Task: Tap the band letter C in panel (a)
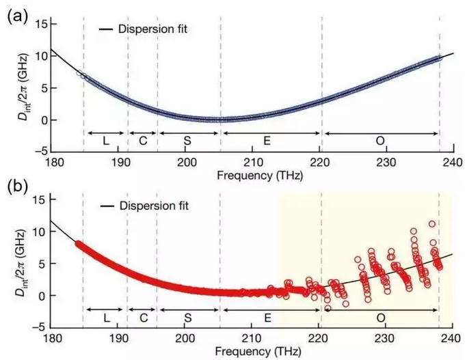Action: [142, 139]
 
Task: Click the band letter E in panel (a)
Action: [271, 139]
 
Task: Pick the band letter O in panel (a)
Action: [380, 139]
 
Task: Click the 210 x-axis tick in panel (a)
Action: [252, 163]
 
